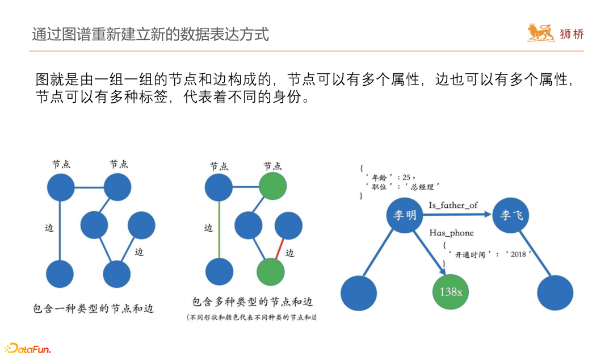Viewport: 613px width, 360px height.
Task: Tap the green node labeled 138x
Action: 451,292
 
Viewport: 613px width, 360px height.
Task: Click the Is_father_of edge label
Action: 453,205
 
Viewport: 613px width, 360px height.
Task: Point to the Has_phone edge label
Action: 451,233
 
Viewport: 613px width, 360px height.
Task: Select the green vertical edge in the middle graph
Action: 219,230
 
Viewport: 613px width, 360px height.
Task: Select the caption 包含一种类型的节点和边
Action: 94,309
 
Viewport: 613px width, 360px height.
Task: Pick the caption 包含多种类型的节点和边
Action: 253,302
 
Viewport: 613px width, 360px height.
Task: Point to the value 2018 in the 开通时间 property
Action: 519,254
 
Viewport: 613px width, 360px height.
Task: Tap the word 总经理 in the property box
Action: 423,186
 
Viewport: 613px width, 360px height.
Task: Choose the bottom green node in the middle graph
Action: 271,271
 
